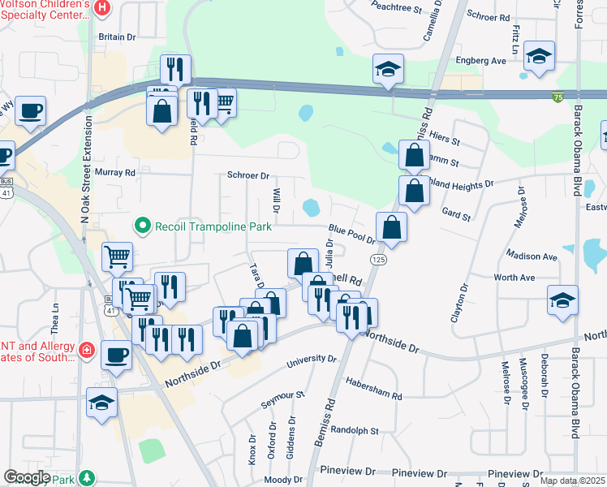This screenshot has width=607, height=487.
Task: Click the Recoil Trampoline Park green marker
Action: (143, 226)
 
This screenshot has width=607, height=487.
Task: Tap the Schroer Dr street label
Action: (248, 175)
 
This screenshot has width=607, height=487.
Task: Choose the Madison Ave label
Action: (531, 256)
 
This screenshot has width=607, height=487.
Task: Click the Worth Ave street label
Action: (514, 278)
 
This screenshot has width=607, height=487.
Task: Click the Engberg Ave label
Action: (480, 61)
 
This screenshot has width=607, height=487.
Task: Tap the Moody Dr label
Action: (283, 480)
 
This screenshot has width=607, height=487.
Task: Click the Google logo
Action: (27, 477)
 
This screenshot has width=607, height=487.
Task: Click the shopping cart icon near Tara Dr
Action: (139, 300)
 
